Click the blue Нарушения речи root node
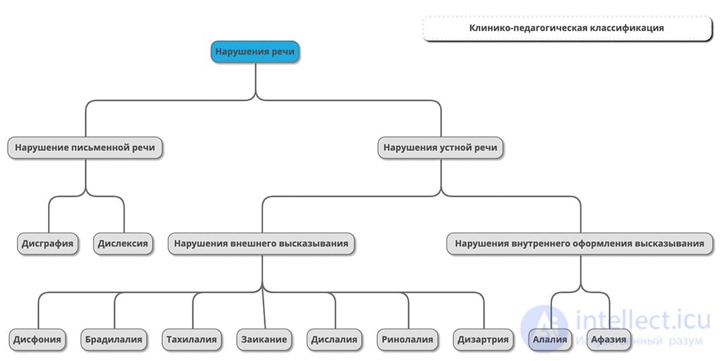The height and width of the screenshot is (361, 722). tap(255, 51)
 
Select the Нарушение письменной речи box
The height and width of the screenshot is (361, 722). tap(85, 148)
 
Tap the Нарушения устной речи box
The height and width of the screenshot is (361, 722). tap(440, 148)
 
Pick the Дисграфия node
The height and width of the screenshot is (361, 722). tap(47, 243)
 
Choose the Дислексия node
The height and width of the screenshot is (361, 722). tap(123, 243)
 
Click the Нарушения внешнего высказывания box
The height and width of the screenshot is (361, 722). tap(262, 243)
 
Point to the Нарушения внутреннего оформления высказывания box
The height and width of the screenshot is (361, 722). tap(580, 243)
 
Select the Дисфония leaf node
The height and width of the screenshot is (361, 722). tap(37, 340)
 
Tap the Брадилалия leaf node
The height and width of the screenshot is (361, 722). tap(114, 340)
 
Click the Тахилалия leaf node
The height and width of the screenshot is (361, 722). tap(192, 340)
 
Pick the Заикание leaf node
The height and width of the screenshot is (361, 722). tap(264, 340)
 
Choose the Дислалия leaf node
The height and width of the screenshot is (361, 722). tap(334, 340)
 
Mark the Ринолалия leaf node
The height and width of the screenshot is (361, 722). tap(408, 340)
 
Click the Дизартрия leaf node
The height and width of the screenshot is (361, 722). tap(483, 340)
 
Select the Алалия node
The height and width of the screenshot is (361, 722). tap(550, 340)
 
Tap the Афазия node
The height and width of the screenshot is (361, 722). tap(608, 340)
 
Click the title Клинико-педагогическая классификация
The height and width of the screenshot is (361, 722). tap(567, 28)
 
